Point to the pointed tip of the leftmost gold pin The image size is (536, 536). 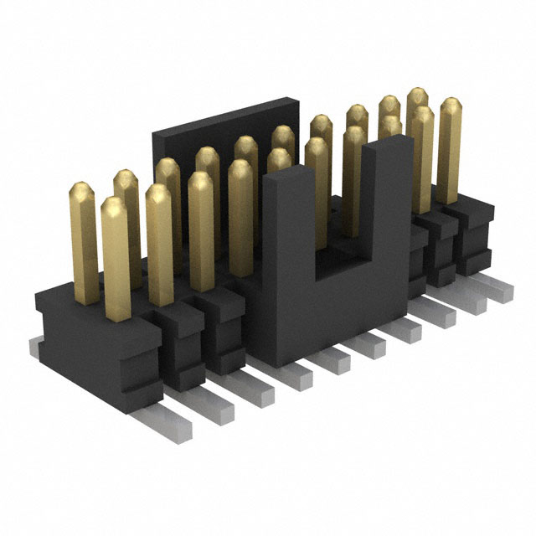tap(82, 188)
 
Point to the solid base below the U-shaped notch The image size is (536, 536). tap(335, 310)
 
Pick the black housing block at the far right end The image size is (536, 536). tap(473, 234)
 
